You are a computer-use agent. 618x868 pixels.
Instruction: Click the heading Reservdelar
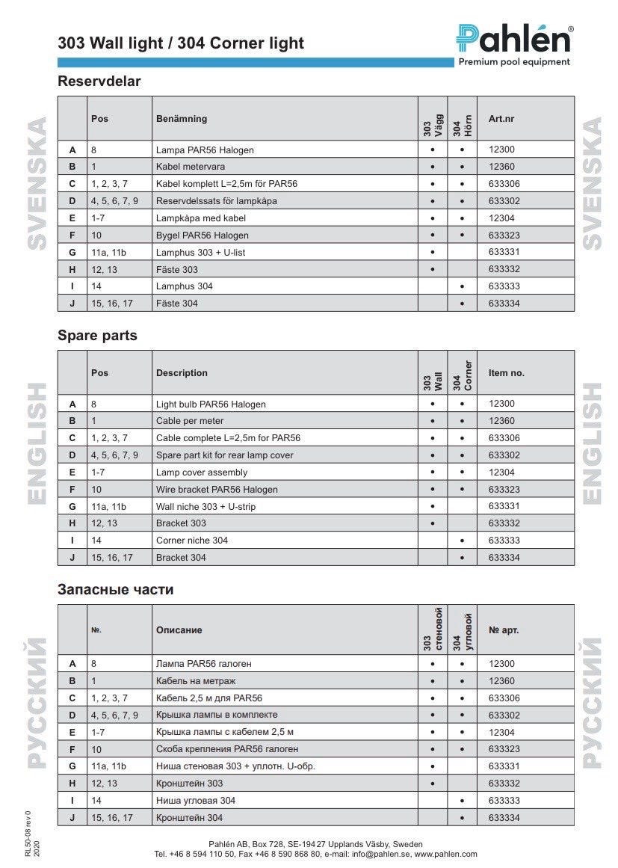(x=99, y=81)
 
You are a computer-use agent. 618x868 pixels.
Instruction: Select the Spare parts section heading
(x=97, y=336)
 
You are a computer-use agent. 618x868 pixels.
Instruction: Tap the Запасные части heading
(x=115, y=590)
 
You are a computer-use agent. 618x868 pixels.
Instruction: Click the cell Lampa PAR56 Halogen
(x=205, y=150)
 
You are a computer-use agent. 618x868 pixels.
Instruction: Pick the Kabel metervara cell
(x=190, y=167)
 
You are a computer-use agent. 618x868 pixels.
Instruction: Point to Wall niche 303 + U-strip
(x=200, y=507)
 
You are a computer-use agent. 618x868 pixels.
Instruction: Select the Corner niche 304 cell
(x=192, y=541)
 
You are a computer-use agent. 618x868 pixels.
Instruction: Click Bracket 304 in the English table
(x=181, y=558)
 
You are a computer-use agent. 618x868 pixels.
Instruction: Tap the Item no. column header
(x=507, y=373)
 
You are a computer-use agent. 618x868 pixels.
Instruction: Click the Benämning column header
(x=182, y=119)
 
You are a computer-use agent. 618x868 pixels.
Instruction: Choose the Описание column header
(x=179, y=630)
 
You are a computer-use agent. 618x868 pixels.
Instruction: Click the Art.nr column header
(x=501, y=119)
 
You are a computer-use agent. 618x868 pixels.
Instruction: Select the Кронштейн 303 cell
(x=189, y=784)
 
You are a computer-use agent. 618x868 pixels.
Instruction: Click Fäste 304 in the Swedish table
(x=177, y=304)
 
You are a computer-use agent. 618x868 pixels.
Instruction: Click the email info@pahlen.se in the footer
(x=380, y=854)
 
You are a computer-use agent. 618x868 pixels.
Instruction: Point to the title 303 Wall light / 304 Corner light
(x=181, y=43)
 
